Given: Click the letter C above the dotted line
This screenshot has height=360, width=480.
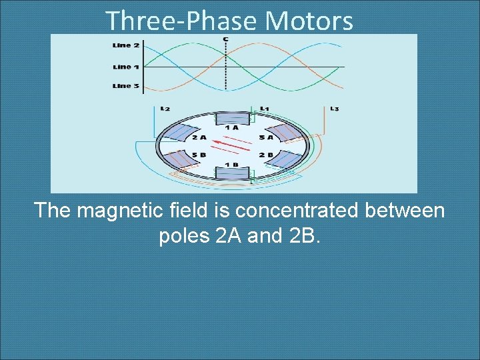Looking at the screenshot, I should coord(226,39).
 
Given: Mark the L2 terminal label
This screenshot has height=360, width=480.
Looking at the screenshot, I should coord(165,109).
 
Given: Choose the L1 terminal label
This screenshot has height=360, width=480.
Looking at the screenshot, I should coord(265,109).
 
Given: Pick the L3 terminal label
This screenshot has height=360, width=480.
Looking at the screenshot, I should coord(334,109).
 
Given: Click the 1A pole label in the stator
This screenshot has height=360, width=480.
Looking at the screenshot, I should coord(232,127).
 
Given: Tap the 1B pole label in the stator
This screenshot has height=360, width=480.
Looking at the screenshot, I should coord(232,165).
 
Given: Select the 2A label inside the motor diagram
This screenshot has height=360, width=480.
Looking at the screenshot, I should coord(199,138).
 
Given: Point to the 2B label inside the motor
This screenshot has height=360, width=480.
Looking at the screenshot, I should coord(265,155).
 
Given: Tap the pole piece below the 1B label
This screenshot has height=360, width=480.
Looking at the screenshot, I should coord(232,175).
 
